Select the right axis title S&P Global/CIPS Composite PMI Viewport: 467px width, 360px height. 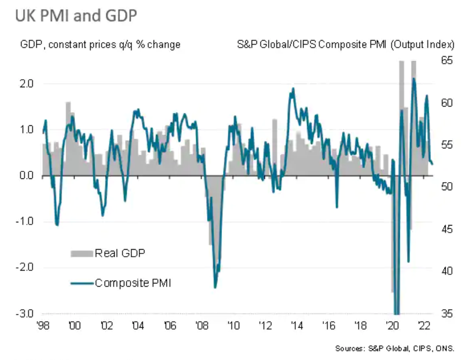pyautogui.click(x=345, y=44)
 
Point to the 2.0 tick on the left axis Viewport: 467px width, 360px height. pyautogui.click(x=27, y=84)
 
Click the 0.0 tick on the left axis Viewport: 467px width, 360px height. pyautogui.click(x=27, y=176)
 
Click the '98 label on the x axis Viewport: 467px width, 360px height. pyautogui.click(x=43, y=325)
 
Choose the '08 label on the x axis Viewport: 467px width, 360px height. pyautogui.click(x=201, y=325)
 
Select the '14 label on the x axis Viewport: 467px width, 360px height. pyautogui.click(x=297, y=325)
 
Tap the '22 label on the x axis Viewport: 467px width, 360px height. pyautogui.click(x=424, y=325)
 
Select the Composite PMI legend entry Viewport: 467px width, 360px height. pyautogui.click(x=133, y=283)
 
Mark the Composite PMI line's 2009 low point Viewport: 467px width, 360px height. pyautogui.click(x=215, y=287)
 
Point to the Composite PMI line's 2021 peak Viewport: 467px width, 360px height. pyautogui.click(x=413, y=79)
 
